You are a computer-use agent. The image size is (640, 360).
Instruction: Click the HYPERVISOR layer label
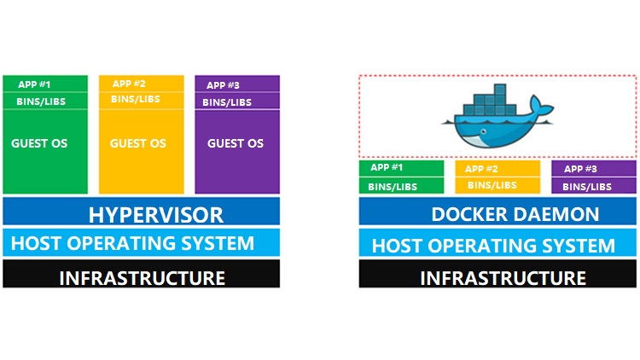click(x=155, y=214)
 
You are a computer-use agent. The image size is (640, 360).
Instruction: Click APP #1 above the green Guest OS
click(x=33, y=84)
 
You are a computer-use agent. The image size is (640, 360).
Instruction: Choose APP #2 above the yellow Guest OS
click(x=129, y=84)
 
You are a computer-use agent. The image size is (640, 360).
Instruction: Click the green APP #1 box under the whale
click(x=386, y=168)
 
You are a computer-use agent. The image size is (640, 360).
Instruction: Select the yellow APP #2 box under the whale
click(x=483, y=168)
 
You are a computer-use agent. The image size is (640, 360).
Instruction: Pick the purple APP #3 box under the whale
click(x=580, y=169)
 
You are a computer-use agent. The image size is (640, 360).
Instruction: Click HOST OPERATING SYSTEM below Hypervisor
click(x=132, y=243)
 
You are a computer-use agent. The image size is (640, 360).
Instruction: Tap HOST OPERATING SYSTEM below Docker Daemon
click(x=493, y=247)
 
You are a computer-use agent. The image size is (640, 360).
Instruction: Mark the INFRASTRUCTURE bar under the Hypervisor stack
click(x=142, y=277)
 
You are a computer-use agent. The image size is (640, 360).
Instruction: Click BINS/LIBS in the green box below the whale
click(x=393, y=186)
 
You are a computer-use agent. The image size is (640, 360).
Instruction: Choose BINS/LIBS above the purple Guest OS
click(x=227, y=102)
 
